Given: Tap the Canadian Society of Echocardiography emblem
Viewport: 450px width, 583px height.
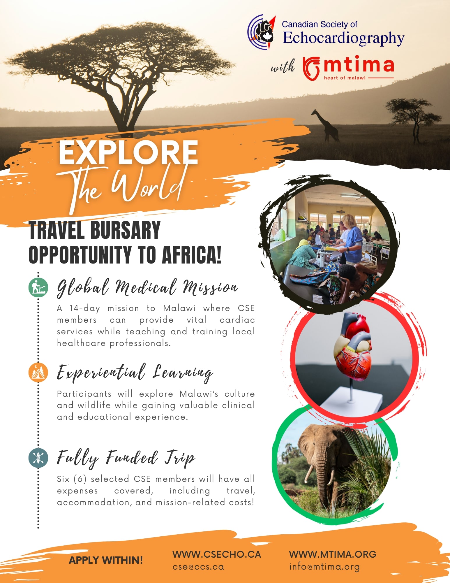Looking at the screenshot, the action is click(262, 32).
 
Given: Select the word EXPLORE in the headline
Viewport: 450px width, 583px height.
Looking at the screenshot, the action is click(128, 152).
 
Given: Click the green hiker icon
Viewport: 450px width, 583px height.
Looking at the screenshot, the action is click(38, 287).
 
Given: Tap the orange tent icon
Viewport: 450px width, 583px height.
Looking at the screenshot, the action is click(38, 372).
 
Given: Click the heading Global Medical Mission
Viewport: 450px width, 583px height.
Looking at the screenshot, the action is click(147, 288).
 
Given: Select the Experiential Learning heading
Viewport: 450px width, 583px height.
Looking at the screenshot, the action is click(135, 373).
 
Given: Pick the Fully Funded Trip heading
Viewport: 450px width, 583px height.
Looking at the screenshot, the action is click(126, 458).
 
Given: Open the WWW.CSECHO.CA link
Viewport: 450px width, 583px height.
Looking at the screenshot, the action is click(217, 554).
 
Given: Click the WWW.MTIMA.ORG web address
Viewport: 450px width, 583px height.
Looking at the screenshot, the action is click(333, 554).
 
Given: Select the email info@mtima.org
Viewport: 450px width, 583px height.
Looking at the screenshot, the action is click(324, 567).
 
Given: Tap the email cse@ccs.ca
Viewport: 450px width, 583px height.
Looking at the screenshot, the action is click(198, 567).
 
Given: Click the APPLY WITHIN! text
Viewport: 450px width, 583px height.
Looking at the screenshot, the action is click(106, 560).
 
